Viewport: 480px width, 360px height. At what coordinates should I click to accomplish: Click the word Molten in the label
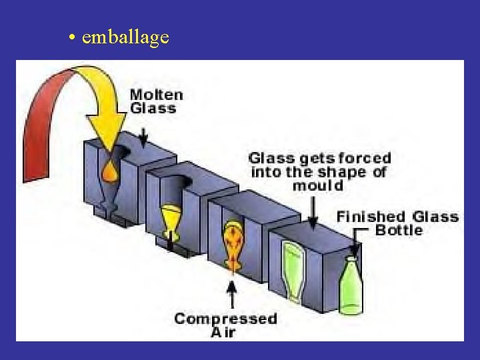[156, 95]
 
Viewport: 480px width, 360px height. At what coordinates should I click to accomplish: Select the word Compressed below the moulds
[225, 318]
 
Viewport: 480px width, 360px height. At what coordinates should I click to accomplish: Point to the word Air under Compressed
[224, 332]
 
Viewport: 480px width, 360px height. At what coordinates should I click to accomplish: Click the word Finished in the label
[371, 216]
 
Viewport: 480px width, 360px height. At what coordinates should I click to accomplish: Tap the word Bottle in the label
[399, 230]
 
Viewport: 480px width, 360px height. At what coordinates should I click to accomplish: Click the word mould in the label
[318, 185]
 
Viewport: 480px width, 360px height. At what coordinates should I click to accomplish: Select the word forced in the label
[364, 159]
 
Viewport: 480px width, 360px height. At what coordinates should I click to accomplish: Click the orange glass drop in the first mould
[109, 172]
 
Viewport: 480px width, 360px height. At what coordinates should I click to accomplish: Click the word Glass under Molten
[153, 108]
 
